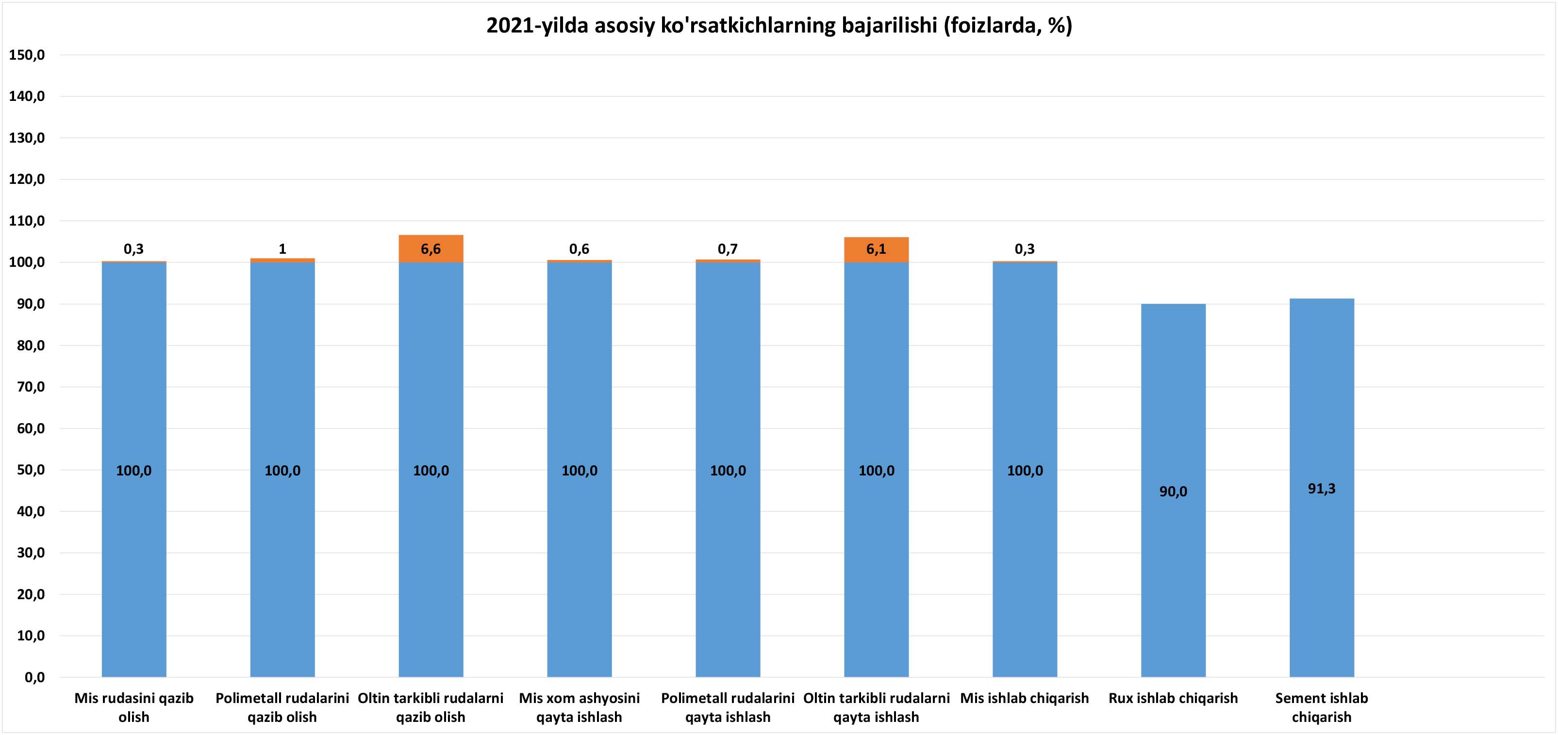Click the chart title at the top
(x=779, y=25)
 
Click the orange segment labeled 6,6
(x=431, y=248)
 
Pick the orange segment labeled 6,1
(x=876, y=249)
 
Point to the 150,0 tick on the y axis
(x=27, y=55)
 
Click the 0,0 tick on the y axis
(x=34, y=677)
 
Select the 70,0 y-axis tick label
(x=30, y=387)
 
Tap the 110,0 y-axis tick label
(x=27, y=221)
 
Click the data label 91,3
(x=1322, y=489)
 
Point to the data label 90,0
(x=1173, y=491)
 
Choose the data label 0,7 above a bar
(x=728, y=249)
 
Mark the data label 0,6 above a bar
(x=579, y=249)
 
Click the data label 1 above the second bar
(x=282, y=249)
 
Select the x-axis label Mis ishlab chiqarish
(x=1024, y=698)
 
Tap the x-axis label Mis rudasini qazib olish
(x=133, y=707)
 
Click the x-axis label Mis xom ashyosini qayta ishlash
(x=579, y=707)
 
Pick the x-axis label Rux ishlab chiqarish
(x=1173, y=698)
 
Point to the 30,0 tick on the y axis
(x=30, y=553)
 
